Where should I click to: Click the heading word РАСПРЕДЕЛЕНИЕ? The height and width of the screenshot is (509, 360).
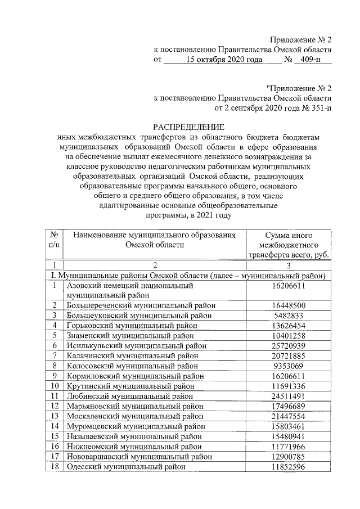coord(188,127)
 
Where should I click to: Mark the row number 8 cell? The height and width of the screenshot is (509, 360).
coord(55,365)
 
